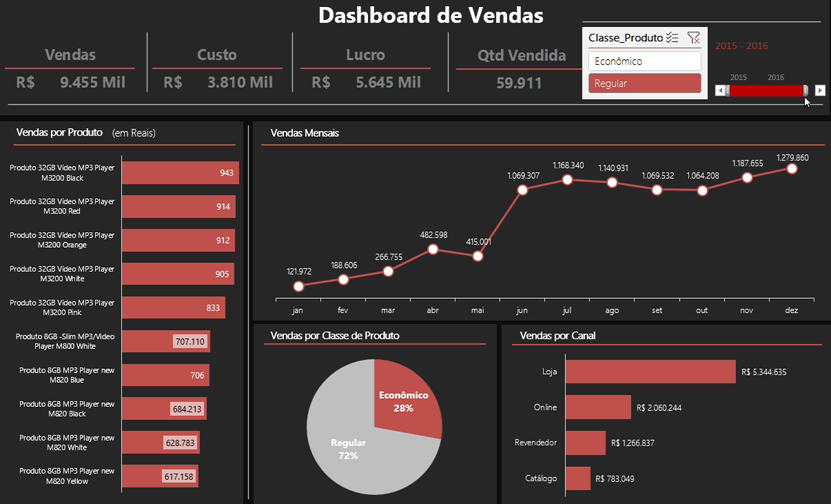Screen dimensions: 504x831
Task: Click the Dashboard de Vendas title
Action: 431,15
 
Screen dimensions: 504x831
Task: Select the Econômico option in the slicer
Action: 644,61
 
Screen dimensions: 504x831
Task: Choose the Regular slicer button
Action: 644,83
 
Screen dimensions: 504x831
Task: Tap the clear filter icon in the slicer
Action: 693,39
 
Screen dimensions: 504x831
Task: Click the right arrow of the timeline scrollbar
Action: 820,90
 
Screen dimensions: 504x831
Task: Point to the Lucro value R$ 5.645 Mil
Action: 367,83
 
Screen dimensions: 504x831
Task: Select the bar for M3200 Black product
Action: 180,173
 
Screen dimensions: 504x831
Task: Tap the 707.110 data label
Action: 189,342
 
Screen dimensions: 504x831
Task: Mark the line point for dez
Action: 792,169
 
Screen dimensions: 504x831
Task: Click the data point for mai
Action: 478,256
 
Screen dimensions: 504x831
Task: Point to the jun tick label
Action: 522,311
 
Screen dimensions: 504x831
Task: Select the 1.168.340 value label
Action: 568,165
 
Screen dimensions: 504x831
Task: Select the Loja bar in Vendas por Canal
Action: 650,372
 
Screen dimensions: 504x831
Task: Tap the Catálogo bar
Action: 578,479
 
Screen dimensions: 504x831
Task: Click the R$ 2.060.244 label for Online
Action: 659,408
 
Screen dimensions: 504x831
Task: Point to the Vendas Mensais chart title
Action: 305,133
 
